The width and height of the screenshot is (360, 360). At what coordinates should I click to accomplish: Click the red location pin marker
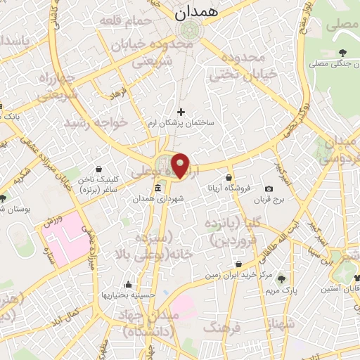coord(181,165)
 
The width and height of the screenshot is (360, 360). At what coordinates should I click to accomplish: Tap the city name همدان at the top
coord(198,12)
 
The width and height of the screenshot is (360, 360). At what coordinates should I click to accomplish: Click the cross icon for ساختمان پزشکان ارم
coord(181,111)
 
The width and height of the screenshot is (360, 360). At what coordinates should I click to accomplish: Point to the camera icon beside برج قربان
coord(269,188)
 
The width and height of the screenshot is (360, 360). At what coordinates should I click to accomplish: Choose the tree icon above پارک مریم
coord(283,278)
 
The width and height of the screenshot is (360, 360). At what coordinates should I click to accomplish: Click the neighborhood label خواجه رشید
coord(96,122)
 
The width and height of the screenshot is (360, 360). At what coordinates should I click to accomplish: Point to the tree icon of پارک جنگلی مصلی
coord(342,53)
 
